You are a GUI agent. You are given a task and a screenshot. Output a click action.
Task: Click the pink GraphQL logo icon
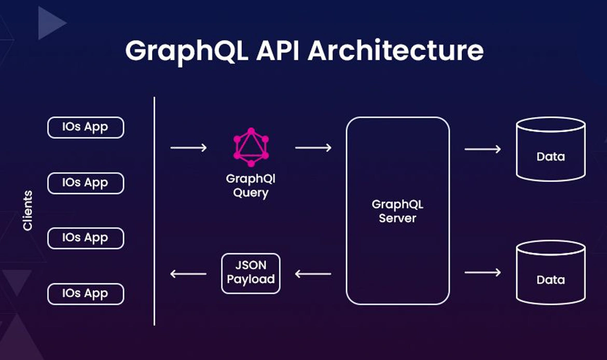tap(251, 147)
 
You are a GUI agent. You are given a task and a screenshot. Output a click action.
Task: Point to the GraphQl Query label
tap(251, 186)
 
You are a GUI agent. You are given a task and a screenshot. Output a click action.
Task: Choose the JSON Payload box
tap(251, 273)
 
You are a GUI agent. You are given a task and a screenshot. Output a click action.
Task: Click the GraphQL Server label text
tap(397, 211)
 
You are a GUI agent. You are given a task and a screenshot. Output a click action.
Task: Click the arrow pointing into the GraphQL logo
tap(188, 148)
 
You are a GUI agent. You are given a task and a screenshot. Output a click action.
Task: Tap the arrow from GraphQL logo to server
tap(313, 148)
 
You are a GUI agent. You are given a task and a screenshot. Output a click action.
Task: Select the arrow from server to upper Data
tap(482, 149)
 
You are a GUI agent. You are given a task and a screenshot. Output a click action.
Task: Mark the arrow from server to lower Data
tap(482, 272)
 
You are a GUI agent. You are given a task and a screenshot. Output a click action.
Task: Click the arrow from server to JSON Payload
tap(313, 273)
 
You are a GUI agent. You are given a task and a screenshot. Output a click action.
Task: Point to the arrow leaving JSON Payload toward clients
tap(188, 273)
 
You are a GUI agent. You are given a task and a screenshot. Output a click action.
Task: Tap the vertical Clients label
tap(27, 211)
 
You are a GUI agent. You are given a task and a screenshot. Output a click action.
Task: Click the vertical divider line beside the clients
tap(155, 211)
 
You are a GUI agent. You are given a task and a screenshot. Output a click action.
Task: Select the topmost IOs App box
tap(86, 128)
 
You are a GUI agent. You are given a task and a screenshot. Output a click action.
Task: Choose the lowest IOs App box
tap(86, 294)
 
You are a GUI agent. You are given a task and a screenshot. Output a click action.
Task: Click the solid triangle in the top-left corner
tap(50, 23)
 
